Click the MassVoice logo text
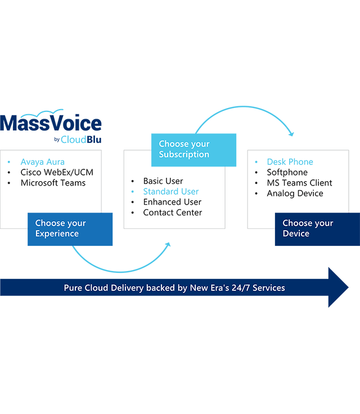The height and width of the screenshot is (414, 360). click(51, 123)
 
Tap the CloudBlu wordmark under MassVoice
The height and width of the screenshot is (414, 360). click(81, 139)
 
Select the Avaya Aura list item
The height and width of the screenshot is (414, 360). click(43, 161)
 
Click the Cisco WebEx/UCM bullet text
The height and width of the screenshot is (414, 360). click(57, 172)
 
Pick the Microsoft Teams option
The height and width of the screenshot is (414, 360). click(53, 183)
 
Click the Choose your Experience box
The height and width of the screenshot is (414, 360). click(70, 229)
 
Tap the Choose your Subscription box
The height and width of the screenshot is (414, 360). click(193, 150)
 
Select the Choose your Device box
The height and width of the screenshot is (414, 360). click(317, 229)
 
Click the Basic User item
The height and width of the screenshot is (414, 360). click(163, 181)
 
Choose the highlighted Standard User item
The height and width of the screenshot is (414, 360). click(171, 191)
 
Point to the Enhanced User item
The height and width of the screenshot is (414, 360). click(172, 202)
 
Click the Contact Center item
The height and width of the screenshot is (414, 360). click(173, 213)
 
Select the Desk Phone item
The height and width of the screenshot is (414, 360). click(290, 161)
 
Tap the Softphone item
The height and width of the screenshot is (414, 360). click(287, 172)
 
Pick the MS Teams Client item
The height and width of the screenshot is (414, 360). click(299, 183)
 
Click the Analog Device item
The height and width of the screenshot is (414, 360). click(295, 193)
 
